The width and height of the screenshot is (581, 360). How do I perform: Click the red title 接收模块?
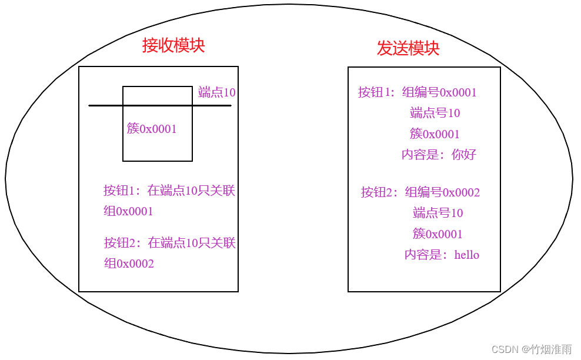[x=173, y=45]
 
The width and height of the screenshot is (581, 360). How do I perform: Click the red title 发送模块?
[x=408, y=48]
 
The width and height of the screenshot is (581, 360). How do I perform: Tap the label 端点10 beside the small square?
[x=217, y=92]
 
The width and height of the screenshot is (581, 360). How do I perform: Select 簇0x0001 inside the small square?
[x=152, y=129]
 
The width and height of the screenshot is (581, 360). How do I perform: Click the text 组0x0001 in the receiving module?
[x=129, y=211]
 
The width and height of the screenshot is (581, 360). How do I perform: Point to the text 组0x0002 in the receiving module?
[x=129, y=264]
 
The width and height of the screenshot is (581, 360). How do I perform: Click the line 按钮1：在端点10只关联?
[x=169, y=191]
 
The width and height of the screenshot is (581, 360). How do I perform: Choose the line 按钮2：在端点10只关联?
[x=170, y=243]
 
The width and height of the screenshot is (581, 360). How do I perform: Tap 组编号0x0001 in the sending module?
[x=439, y=92]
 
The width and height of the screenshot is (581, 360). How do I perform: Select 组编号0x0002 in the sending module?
[x=442, y=192]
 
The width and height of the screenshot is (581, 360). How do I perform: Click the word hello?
[x=467, y=255]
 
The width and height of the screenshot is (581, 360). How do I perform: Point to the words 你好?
[x=464, y=155]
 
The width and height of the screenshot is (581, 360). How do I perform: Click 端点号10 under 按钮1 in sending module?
[x=435, y=113]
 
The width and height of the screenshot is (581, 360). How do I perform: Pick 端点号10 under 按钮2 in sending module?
[x=438, y=213]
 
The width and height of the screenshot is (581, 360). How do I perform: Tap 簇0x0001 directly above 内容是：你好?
[x=435, y=134]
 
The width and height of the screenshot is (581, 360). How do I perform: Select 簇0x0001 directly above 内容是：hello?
[x=438, y=234]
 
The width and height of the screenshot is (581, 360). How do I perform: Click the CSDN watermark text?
[x=532, y=349]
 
